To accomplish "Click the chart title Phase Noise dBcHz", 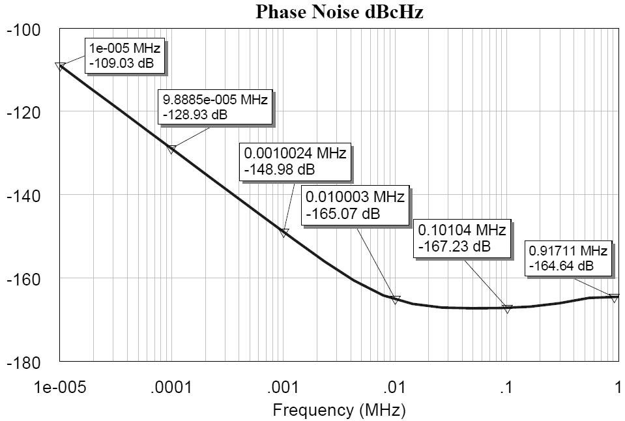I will [339, 11].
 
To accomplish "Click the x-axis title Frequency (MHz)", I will [339, 410].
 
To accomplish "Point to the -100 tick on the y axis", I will [23, 30].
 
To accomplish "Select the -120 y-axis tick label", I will [23, 113].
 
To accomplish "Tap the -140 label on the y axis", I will [23, 196].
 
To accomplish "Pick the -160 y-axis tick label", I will [23, 279].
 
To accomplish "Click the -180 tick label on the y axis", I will [23, 362].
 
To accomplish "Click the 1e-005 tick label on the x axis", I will [60, 388].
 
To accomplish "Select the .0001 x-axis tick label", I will [171, 388].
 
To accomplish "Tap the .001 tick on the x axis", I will [283, 388].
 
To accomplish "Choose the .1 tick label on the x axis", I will [506, 388].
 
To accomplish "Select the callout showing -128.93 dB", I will [214, 108].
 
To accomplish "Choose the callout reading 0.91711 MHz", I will [568, 258].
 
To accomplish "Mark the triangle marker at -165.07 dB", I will [395, 300].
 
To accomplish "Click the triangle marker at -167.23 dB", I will [507, 309].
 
